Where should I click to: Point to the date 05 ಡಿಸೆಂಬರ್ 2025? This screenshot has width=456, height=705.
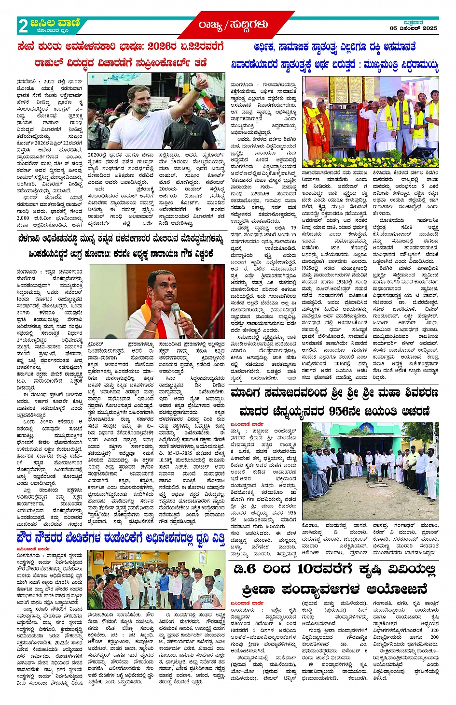coord(414,29)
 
